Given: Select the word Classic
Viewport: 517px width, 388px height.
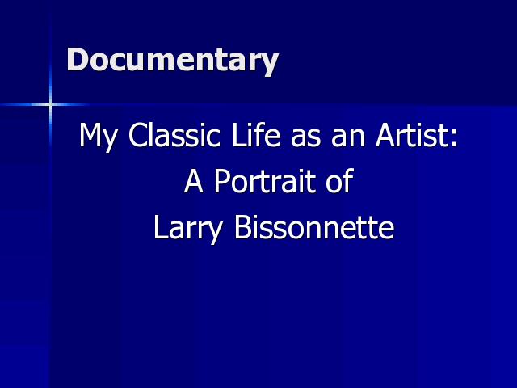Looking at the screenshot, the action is (174, 135).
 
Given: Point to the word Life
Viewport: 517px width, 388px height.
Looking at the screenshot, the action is (256, 135).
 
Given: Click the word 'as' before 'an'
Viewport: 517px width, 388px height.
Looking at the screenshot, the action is (305, 138).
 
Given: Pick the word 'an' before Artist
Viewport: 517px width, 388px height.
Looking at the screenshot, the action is (348, 138).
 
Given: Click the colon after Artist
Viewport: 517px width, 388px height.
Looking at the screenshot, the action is (455, 138).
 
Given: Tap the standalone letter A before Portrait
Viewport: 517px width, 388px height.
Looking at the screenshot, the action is (194, 181).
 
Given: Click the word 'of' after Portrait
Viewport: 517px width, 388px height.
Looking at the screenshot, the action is (340, 181).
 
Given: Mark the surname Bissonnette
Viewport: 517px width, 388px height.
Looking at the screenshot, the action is (314, 227).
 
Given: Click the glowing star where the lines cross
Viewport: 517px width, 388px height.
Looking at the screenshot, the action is (50, 105).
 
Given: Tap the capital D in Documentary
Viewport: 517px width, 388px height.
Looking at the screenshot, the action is (79, 59).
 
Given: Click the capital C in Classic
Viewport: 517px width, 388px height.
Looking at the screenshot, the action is (138, 135).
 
